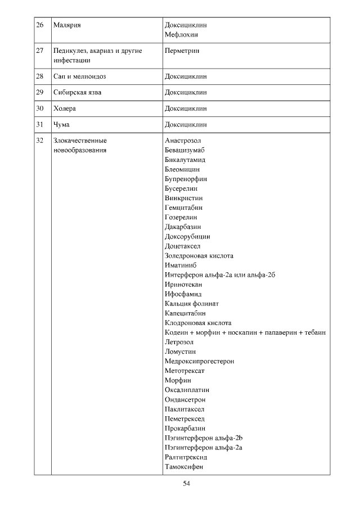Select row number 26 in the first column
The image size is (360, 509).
click(x=39, y=25)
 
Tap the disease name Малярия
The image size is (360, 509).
click(x=66, y=25)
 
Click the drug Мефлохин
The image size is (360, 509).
click(x=181, y=35)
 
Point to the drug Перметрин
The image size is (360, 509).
click(x=183, y=51)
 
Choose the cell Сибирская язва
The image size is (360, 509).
click(x=77, y=92)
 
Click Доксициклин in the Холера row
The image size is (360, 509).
click(x=186, y=109)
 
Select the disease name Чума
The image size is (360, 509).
click(x=61, y=125)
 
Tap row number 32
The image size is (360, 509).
click(x=39, y=141)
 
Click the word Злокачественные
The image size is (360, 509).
click(x=80, y=141)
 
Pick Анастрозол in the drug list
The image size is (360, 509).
click(x=183, y=141)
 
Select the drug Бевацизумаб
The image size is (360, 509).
click(x=185, y=150)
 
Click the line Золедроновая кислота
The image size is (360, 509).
click(x=199, y=255)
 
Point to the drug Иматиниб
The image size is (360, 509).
click(x=181, y=265)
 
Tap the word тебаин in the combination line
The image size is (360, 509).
click(x=316, y=332)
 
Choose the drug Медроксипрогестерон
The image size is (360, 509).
click(x=199, y=361)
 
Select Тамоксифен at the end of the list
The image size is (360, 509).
click(x=184, y=466)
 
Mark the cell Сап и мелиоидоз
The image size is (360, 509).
click(x=79, y=76)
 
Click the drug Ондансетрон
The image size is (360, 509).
click(x=185, y=399)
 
